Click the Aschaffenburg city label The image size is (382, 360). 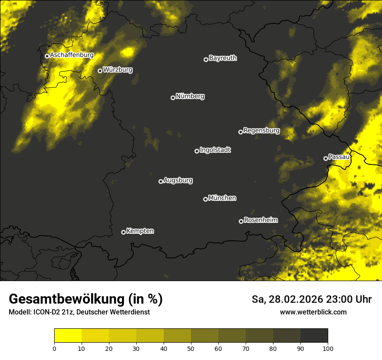[x=72, y=55]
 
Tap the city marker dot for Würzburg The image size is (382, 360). [x=100, y=71]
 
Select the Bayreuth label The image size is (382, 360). [x=223, y=58]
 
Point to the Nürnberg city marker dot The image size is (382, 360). [x=173, y=98]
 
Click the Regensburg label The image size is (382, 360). [x=261, y=130]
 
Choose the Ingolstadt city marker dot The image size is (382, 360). [x=197, y=151]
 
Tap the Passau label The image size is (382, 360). [x=339, y=157]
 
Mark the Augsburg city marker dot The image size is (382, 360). [x=161, y=181]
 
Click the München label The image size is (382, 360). [x=222, y=198]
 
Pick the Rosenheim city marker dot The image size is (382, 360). [x=241, y=221]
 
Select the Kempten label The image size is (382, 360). [x=140, y=231]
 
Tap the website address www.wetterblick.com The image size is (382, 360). [x=313, y=312]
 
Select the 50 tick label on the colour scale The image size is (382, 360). [x=191, y=348]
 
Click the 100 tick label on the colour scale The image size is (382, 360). [x=328, y=348]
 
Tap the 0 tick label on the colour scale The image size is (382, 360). [x=54, y=348]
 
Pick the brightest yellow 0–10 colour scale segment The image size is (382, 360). [x=68, y=336]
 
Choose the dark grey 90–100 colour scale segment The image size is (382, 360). [x=314, y=336]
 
